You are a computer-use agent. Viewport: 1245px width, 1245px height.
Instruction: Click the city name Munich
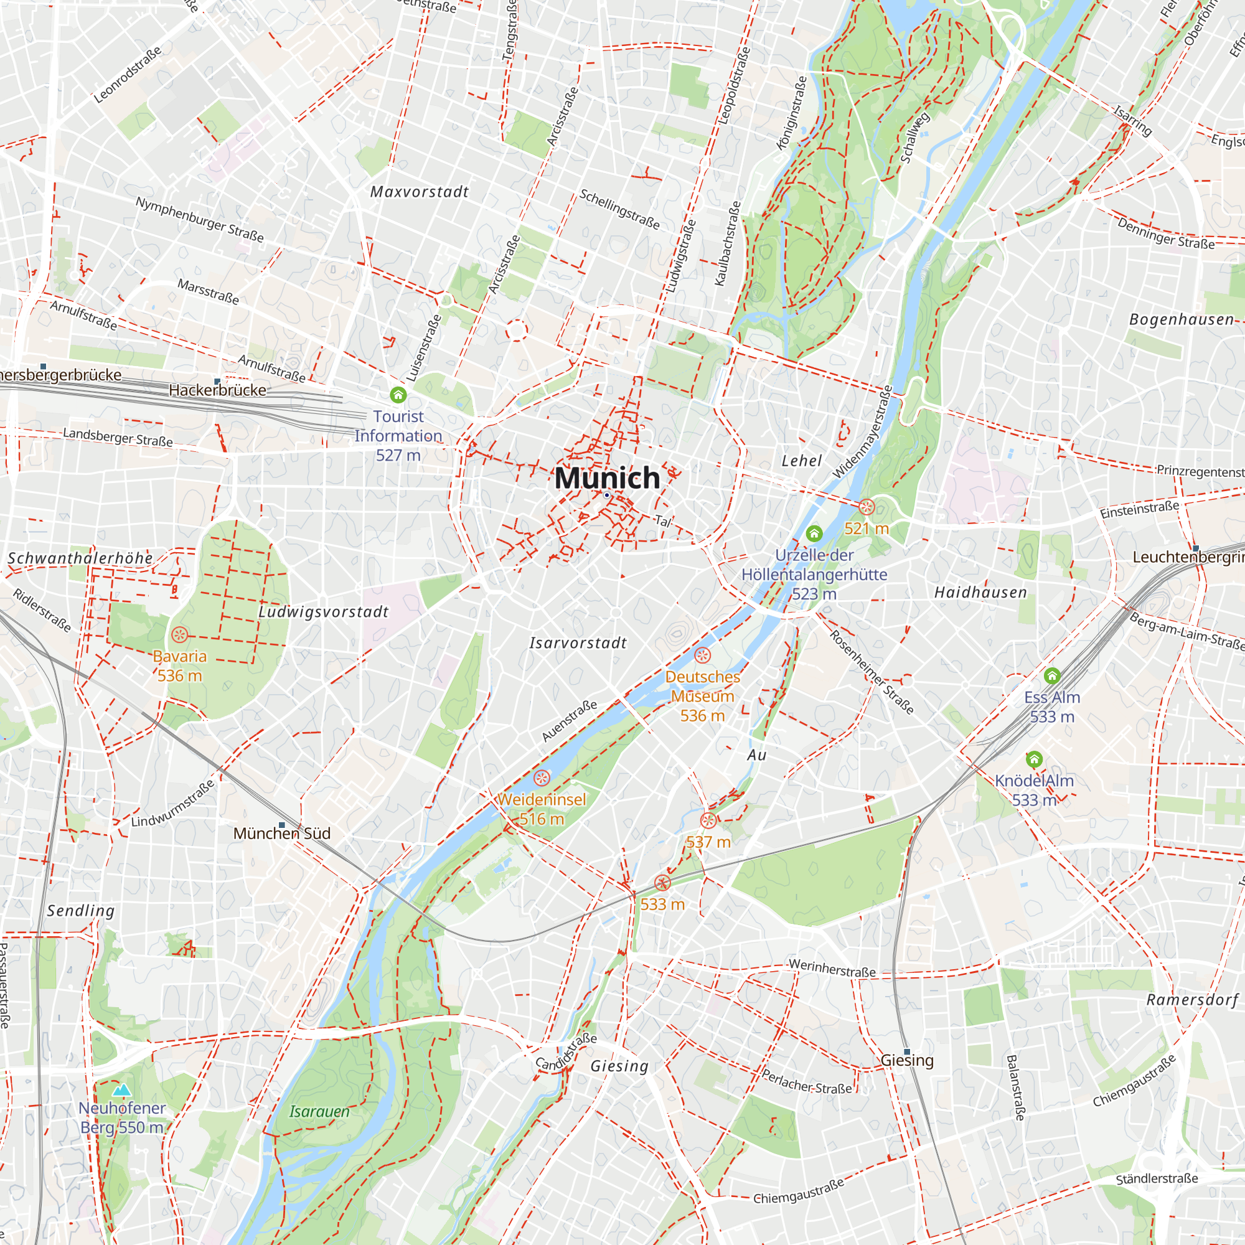click(x=607, y=478)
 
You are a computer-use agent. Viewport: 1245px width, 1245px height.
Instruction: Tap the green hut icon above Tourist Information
click(x=398, y=395)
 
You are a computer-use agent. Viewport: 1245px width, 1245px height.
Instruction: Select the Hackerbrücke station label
click(x=217, y=390)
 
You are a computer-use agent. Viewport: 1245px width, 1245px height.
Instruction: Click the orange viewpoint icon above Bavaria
click(x=180, y=635)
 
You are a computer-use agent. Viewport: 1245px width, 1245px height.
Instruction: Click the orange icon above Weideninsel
click(x=542, y=778)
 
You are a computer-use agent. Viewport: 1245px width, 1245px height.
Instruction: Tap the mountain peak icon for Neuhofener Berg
click(x=122, y=1091)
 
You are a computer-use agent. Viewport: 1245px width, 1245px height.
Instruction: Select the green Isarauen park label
click(x=319, y=1112)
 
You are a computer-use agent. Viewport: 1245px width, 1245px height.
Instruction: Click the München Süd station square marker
click(x=281, y=825)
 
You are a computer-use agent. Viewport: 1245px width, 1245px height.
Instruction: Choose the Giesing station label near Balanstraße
click(x=907, y=1061)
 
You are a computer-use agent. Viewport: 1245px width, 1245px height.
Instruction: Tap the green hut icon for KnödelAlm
click(x=1034, y=759)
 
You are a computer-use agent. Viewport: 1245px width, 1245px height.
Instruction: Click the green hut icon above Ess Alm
click(x=1052, y=675)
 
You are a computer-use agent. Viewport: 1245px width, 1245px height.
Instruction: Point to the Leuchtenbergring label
click(x=1188, y=557)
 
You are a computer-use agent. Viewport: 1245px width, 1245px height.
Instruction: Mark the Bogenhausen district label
click(x=1182, y=319)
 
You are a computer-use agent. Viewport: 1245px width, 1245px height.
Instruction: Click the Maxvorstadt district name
click(x=420, y=192)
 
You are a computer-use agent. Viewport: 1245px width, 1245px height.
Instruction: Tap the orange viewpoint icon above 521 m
click(x=867, y=507)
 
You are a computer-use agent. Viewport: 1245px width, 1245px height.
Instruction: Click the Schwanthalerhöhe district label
click(x=80, y=558)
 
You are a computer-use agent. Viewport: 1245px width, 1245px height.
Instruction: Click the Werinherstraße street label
click(x=832, y=968)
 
